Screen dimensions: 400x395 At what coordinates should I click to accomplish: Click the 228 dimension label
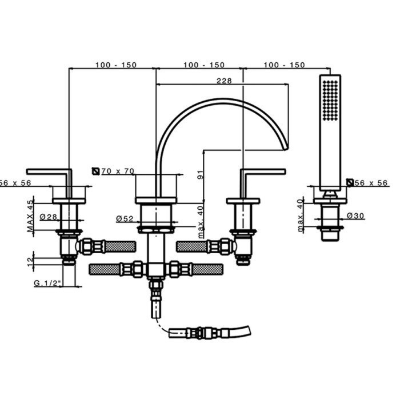(x=224, y=81)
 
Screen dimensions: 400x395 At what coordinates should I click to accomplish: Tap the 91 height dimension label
(x=201, y=174)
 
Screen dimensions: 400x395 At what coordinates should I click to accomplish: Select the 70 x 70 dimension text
(x=118, y=171)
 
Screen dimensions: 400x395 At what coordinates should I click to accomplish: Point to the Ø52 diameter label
(x=125, y=219)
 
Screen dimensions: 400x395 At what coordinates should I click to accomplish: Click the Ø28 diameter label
(x=49, y=217)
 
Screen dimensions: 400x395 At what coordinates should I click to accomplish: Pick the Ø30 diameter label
(x=355, y=216)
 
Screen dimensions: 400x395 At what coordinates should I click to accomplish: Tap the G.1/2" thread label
(x=47, y=283)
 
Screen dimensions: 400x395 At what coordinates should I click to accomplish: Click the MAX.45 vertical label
(x=30, y=217)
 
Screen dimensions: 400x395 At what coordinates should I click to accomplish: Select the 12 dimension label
(x=30, y=261)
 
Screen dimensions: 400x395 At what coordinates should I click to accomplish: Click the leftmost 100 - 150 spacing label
(x=116, y=65)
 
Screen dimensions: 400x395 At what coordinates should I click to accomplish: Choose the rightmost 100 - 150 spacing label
(x=284, y=65)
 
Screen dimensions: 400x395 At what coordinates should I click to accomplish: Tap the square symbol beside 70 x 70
(x=95, y=171)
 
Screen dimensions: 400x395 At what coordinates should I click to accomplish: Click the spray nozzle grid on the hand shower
(x=330, y=100)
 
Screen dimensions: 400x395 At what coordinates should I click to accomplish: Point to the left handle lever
(x=49, y=171)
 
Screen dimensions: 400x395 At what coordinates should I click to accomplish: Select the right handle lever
(x=263, y=171)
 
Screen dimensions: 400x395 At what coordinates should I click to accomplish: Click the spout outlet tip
(x=286, y=148)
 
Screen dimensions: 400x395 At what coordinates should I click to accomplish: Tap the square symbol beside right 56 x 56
(x=350, y=182)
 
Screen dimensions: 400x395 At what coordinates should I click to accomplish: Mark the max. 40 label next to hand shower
(x=301, y=216)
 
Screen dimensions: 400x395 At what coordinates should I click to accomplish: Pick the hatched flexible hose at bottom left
(x=105, y=270)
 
